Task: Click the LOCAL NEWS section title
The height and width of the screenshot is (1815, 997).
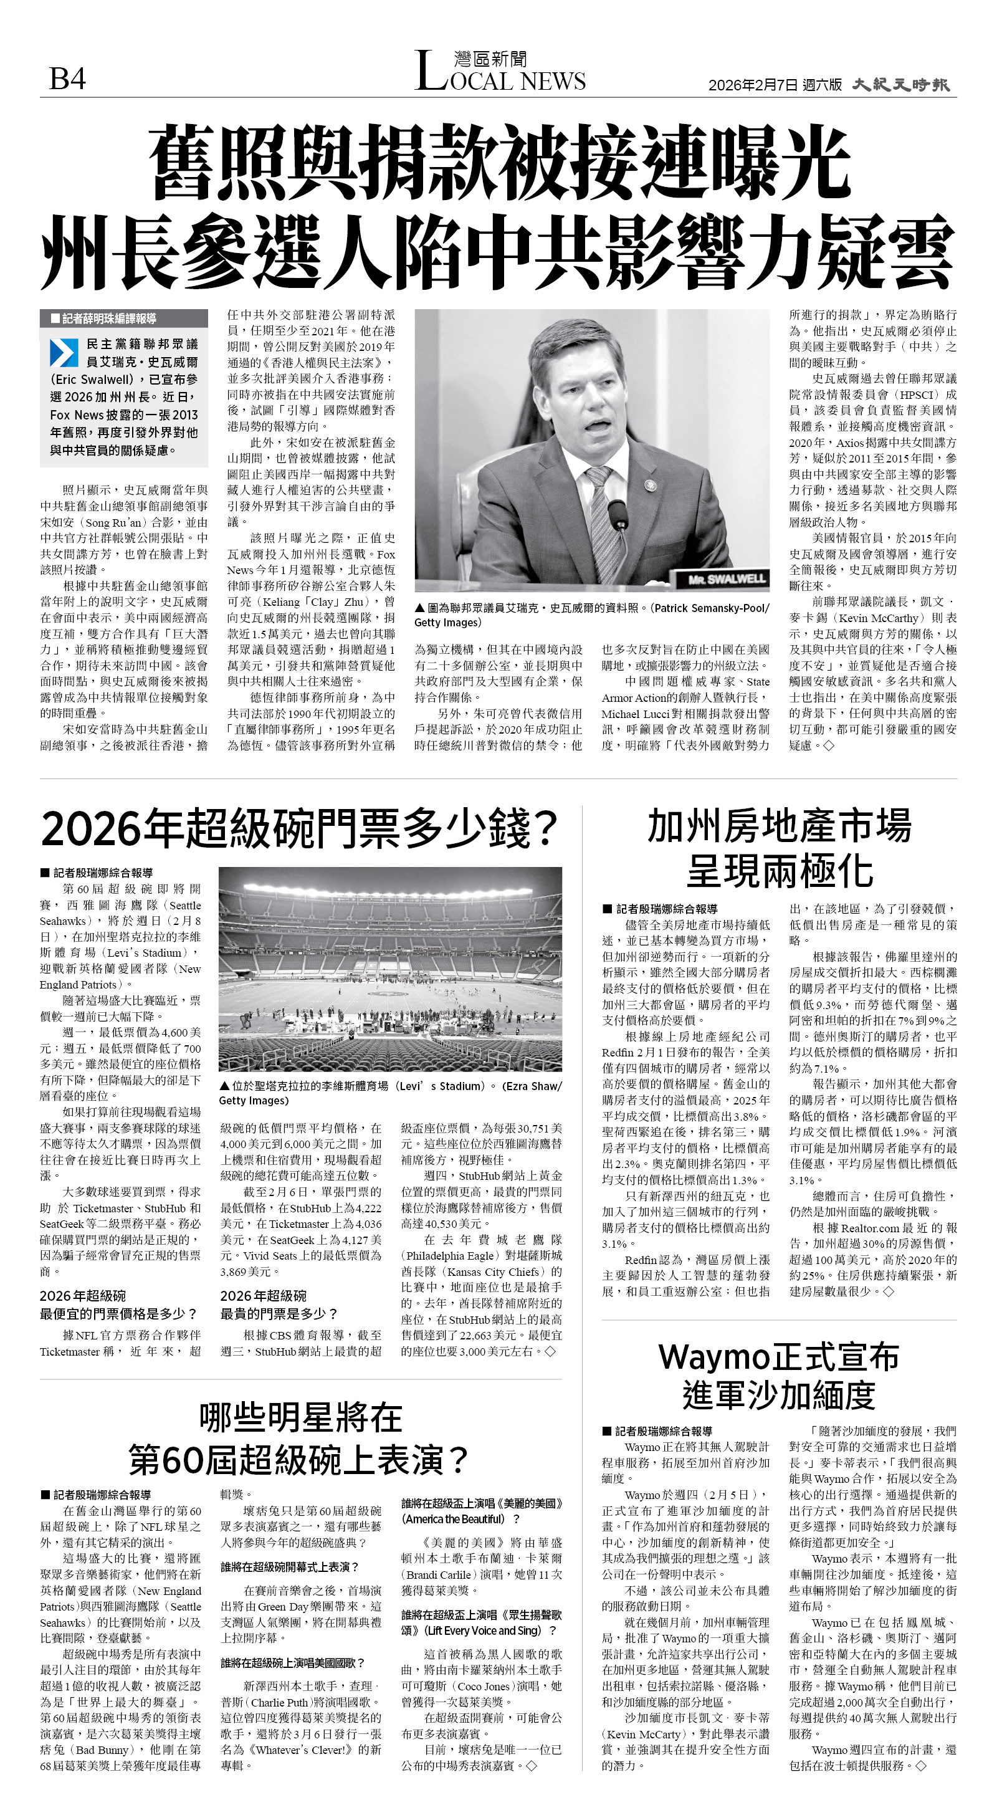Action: tap(500, 72)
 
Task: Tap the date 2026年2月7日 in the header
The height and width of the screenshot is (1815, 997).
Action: tap(753, 85)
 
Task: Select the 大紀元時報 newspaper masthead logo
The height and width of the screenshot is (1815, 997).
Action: tap(900, 85)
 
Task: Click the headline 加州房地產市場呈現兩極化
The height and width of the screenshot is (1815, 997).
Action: tap(780, 848)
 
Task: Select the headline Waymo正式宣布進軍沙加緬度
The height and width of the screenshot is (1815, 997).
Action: tap(780, 1374)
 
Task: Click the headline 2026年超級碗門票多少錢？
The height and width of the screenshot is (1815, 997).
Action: tap(300, 828)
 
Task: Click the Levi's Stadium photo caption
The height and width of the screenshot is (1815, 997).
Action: tap(390, 1093)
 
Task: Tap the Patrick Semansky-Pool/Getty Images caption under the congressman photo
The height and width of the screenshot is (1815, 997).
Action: tap(592, 615)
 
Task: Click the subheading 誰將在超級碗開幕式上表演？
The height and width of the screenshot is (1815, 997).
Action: tap(290, 1567)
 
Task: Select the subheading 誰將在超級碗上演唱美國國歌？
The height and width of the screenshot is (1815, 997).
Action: tap(292, 1663)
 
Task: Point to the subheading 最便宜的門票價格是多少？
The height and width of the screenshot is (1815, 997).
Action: tap(118, 1313)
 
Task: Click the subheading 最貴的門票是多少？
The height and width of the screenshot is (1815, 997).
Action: tap(279, 1313)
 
